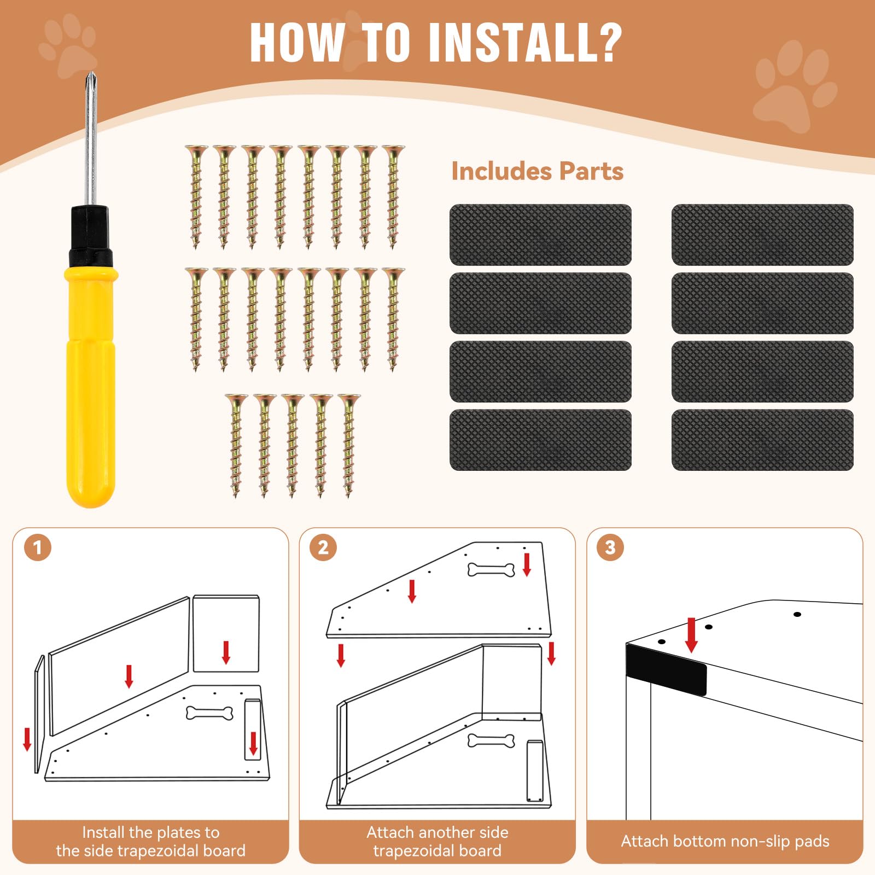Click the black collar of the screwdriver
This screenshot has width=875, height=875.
coord(90,235)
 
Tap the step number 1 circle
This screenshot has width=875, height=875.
coord(38,547)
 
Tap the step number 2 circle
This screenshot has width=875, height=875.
coord(323,547)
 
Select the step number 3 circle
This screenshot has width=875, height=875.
coord(610,547)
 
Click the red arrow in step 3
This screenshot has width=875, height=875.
coord(691,634)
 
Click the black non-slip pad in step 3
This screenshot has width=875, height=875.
coord(666,670)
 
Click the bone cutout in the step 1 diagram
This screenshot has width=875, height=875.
coord(209,713)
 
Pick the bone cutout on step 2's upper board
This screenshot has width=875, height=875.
coord(491,570)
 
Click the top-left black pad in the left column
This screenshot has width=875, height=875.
coord(540,235)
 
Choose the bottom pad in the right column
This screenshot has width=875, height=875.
coord(762,440)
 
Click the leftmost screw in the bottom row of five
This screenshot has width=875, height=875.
coord(236,444)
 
